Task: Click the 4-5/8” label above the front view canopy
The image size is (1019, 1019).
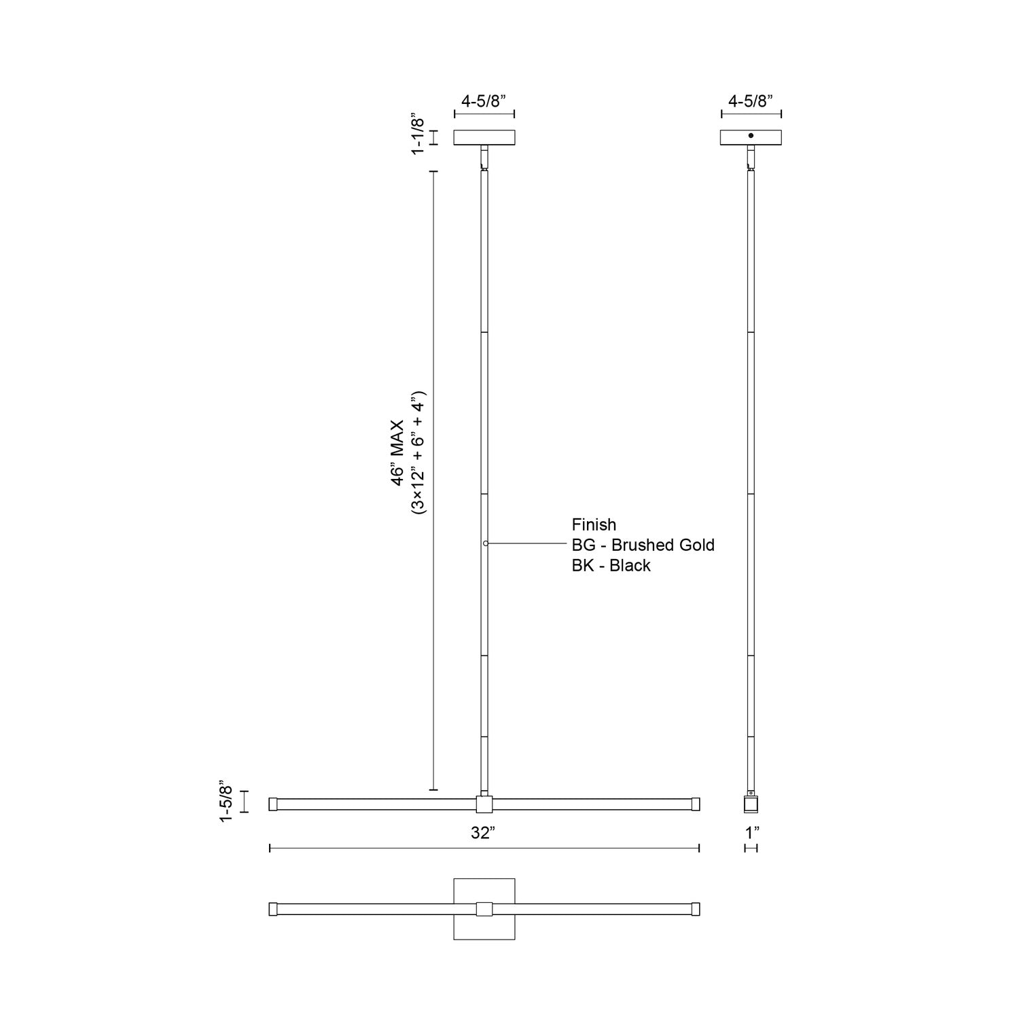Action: point(484,101)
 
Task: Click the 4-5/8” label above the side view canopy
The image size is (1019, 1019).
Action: point(751,101)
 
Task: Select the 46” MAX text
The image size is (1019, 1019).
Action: point(398,452)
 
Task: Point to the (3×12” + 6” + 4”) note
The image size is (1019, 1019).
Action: point(418,452)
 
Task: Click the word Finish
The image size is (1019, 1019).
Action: point(594,524)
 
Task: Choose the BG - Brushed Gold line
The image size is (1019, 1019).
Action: point(643,545)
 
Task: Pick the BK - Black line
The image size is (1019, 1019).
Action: point(611,565)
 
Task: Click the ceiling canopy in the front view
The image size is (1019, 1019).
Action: point(484,137)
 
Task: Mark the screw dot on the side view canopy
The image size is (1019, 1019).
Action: point(751,136)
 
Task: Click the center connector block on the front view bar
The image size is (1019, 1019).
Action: point(484,805)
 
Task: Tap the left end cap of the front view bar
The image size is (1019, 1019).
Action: point(273,804)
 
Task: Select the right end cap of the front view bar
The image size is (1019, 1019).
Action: point(696,804)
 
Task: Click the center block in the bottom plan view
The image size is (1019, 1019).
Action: point(484,909)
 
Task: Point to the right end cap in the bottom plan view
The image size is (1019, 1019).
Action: point(696,909)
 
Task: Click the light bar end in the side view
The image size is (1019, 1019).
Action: point(751,805)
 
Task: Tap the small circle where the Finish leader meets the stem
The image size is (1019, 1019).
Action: point(485,543)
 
